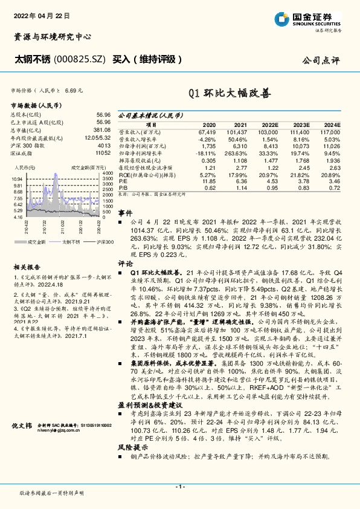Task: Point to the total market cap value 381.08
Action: point(102,130)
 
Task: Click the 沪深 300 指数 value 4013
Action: point(104,146)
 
